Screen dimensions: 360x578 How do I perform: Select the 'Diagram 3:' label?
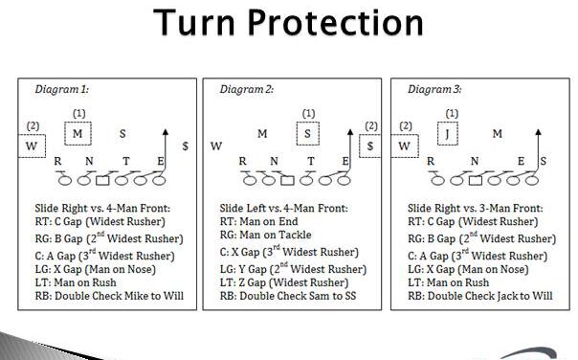tap(436, 89)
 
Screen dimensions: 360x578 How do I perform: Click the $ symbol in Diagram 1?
tap(186, 146)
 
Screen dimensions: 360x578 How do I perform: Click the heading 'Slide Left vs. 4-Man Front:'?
tap(281, 208)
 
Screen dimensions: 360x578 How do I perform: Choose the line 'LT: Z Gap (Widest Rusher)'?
tap(284, 282)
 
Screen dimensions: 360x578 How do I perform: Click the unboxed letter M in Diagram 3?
tap(497, 134)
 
